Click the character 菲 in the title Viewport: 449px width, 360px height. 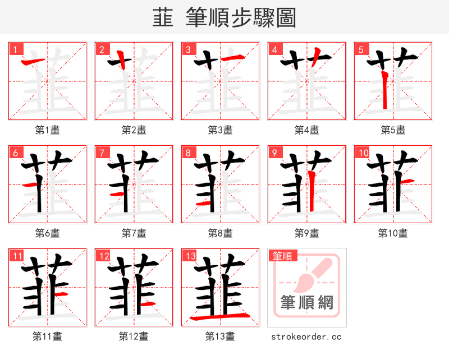pos(163,18)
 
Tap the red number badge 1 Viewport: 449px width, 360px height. pos(15,49)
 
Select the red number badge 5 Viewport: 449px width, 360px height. pos(361,49)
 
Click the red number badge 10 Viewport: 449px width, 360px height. pos(363,153)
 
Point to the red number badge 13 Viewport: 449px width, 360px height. pos(190,256)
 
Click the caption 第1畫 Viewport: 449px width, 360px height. pos(47,130)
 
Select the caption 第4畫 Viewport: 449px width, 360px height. pos(306,130)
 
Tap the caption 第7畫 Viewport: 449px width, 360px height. pos(134,233)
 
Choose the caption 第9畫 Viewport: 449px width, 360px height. pos(306,233)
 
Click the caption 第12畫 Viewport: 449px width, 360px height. pos(134,336)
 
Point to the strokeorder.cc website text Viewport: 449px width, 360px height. pos(306,336)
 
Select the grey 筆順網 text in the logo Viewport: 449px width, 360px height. pos(306,303)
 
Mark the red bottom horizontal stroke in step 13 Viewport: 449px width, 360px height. pos(220,318)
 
